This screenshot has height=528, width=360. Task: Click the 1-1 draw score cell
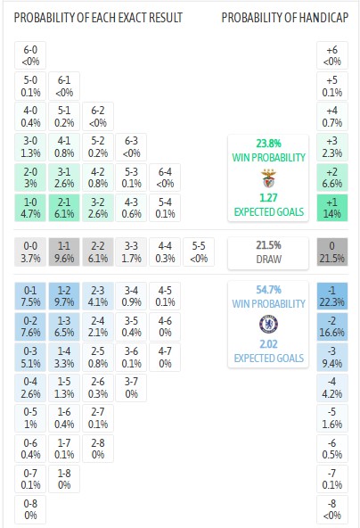[63, 252]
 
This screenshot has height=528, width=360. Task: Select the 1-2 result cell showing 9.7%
[63, 295]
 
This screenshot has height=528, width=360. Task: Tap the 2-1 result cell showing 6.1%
[63, 208]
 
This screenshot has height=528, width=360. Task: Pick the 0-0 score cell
[29, 252]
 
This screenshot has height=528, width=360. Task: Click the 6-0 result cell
[29, 55]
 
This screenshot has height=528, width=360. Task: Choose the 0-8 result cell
[29, 509]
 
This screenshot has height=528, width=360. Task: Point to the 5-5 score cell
[199, 252]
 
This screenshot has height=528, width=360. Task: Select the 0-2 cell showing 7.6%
[29, 326]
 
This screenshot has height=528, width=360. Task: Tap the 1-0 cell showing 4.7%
[29, 208]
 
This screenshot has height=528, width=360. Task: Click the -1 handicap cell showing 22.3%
[332, 295]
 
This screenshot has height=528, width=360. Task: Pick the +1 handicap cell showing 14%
[332, 208]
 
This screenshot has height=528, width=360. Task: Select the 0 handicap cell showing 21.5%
[332, 252]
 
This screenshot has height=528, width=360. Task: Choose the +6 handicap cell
[332, 55]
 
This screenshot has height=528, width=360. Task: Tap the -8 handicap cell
[332, 509]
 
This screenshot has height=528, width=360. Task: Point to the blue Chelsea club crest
[268, 324]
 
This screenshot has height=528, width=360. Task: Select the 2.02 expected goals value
[268, 345]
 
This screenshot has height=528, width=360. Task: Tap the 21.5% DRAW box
[268, 252]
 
